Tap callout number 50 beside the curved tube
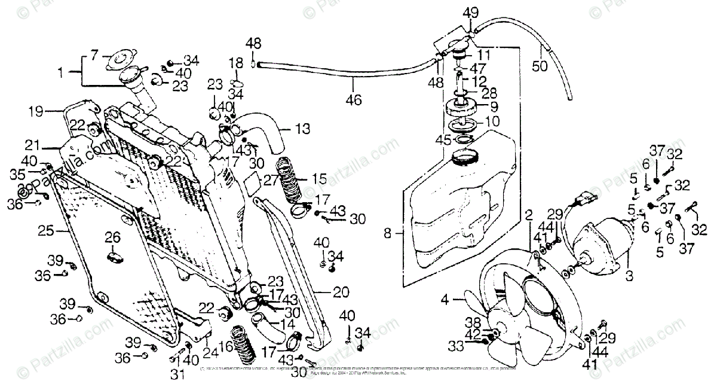[540, 66]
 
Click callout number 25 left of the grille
[45, 230]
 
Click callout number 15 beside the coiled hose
[319, 179]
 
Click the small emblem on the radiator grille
[114, 256]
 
